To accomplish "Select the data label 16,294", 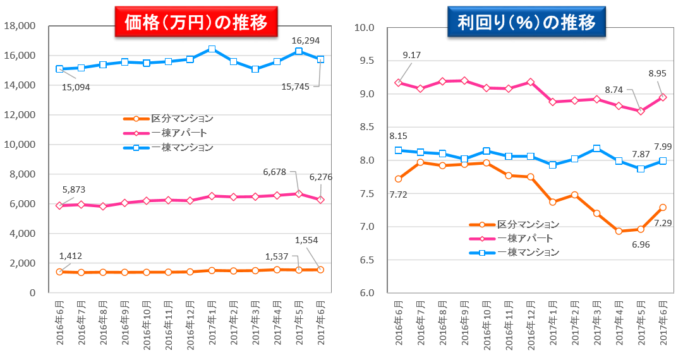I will pos(305,40).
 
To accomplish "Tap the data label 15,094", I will pos(76,87).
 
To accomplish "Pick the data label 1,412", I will pos(71,256).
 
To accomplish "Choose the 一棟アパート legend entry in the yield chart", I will pos(525,238).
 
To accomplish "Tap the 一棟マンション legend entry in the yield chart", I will pos(528,252).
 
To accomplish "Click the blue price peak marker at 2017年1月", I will pos(212,49).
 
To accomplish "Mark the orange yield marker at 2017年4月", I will pos(619,231).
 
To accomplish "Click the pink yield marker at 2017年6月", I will pos(662,97).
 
